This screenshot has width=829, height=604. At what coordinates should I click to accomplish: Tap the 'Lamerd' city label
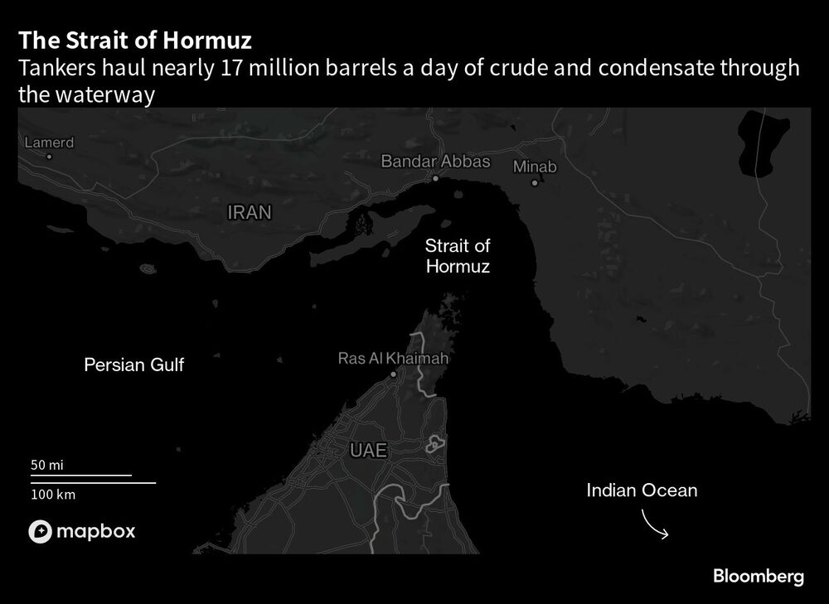pos(49,143)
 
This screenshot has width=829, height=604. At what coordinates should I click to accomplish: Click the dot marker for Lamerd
pos(49,156)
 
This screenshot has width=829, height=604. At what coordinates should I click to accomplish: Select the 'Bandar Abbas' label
pos(435,162)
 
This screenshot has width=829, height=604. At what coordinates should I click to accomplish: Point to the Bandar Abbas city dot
pos(435,177)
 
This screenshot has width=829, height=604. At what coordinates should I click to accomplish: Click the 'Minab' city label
pos(535,167)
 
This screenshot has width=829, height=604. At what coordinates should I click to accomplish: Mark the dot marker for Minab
pos(535,182)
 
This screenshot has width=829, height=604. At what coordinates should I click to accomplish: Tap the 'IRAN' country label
pos(249,213)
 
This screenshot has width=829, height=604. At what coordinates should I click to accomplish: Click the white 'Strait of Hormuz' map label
pos(457,256)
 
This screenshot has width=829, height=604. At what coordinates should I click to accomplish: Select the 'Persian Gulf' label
pos(134,365)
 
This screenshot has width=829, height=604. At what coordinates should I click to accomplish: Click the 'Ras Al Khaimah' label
pos(393,359)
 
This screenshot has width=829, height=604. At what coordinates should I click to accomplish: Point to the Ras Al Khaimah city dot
pos(394,374)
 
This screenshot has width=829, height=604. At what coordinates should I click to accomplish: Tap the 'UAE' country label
pos(368,450)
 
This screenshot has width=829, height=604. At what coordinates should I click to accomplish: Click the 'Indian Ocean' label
pos(642,490)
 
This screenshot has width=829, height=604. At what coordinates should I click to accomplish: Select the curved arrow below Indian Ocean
pos(655,525)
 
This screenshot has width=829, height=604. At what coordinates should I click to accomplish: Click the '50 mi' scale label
pos(47,465)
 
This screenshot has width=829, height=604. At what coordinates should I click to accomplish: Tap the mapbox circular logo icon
pos(41,532)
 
